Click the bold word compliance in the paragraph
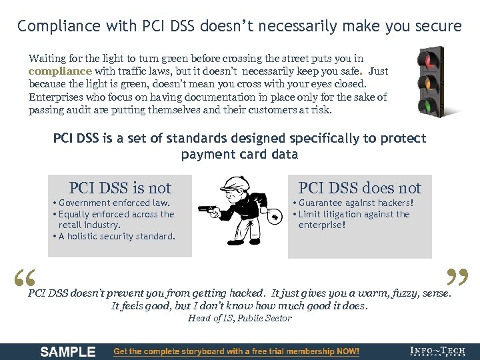pyautogui.click(x=60, y=71)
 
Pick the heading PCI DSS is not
pyautogui.click(x=120, y=188)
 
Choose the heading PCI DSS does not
pyautogui.click(x=360, y=188)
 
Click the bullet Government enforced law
pyautogui.click(x=111, y=203)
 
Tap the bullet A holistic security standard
pyautogui.click(x=114, y=236)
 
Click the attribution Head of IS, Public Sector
pyautogui.click(x=240, y=318)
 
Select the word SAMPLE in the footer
pyautogui.click(x=68, y=351)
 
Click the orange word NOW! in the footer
pyautogui.click(x=347, y=351)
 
